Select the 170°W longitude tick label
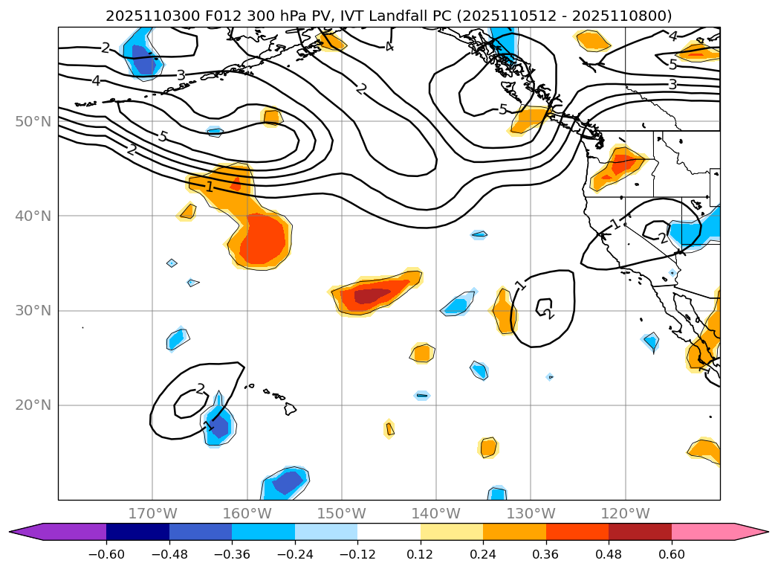[x=152, y=513]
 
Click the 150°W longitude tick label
[x=341, y=513]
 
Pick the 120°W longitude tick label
[x=625, y=513]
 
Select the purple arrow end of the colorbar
[x=26, y=531]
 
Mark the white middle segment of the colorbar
[x=389, y=531]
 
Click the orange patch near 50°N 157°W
[x=273, y=117]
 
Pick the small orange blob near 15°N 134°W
[x=487, y=447]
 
